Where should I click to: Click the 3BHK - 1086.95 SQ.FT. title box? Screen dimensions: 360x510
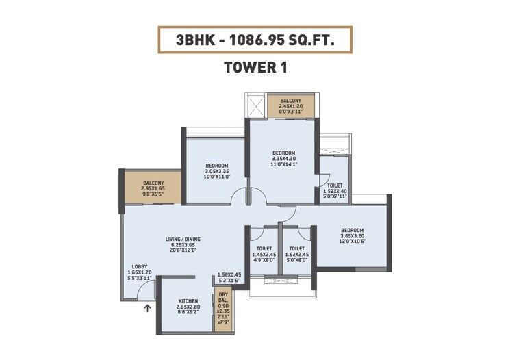(255, 40)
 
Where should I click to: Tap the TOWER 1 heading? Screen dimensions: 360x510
(255, 68)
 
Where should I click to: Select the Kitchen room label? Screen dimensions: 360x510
(188, 301)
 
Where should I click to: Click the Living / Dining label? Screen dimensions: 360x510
(181, 240)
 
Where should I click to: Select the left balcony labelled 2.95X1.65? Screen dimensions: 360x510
(153, 183)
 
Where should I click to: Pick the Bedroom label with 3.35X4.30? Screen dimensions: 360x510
(283, 153)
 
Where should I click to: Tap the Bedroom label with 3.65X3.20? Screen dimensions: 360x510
(352, 231)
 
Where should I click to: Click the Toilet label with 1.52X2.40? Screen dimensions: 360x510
(335, 185)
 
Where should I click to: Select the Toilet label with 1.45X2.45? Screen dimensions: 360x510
(264, 248)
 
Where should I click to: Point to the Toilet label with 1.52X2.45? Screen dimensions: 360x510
(296, 248)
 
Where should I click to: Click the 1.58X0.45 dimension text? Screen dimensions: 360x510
(229, 274)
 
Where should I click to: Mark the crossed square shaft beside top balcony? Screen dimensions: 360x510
(255, 106)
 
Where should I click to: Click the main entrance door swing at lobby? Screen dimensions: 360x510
(144, 292)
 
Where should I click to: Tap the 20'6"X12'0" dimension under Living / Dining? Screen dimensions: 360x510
(181, 251)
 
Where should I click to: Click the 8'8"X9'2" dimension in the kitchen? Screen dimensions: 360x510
(188, 313)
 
